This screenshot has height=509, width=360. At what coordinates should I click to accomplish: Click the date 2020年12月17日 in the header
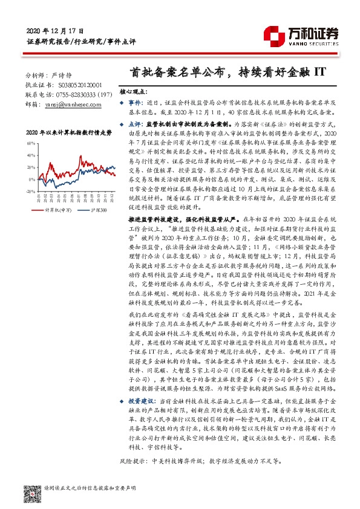(x=54, y=30)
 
